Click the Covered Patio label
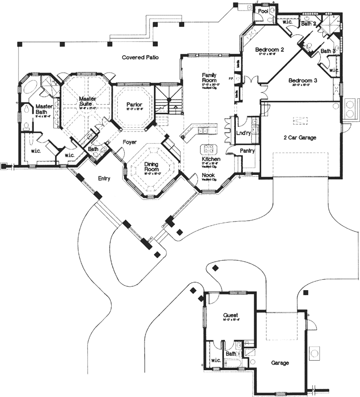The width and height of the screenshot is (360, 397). pos(141,58)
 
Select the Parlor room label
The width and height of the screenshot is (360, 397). pos(134,105)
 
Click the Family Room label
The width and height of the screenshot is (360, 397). pos(209,78)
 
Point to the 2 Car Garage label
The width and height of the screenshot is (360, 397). pos(299,138)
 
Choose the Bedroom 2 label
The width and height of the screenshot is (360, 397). pos(270,50)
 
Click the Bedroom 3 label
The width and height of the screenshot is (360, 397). pos(303,80)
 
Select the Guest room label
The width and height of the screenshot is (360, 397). pos(230,316)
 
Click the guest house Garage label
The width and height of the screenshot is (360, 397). pos(280,363)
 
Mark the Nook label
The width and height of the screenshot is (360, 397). pos(208,175)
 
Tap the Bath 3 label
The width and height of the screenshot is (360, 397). pos(327,51)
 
